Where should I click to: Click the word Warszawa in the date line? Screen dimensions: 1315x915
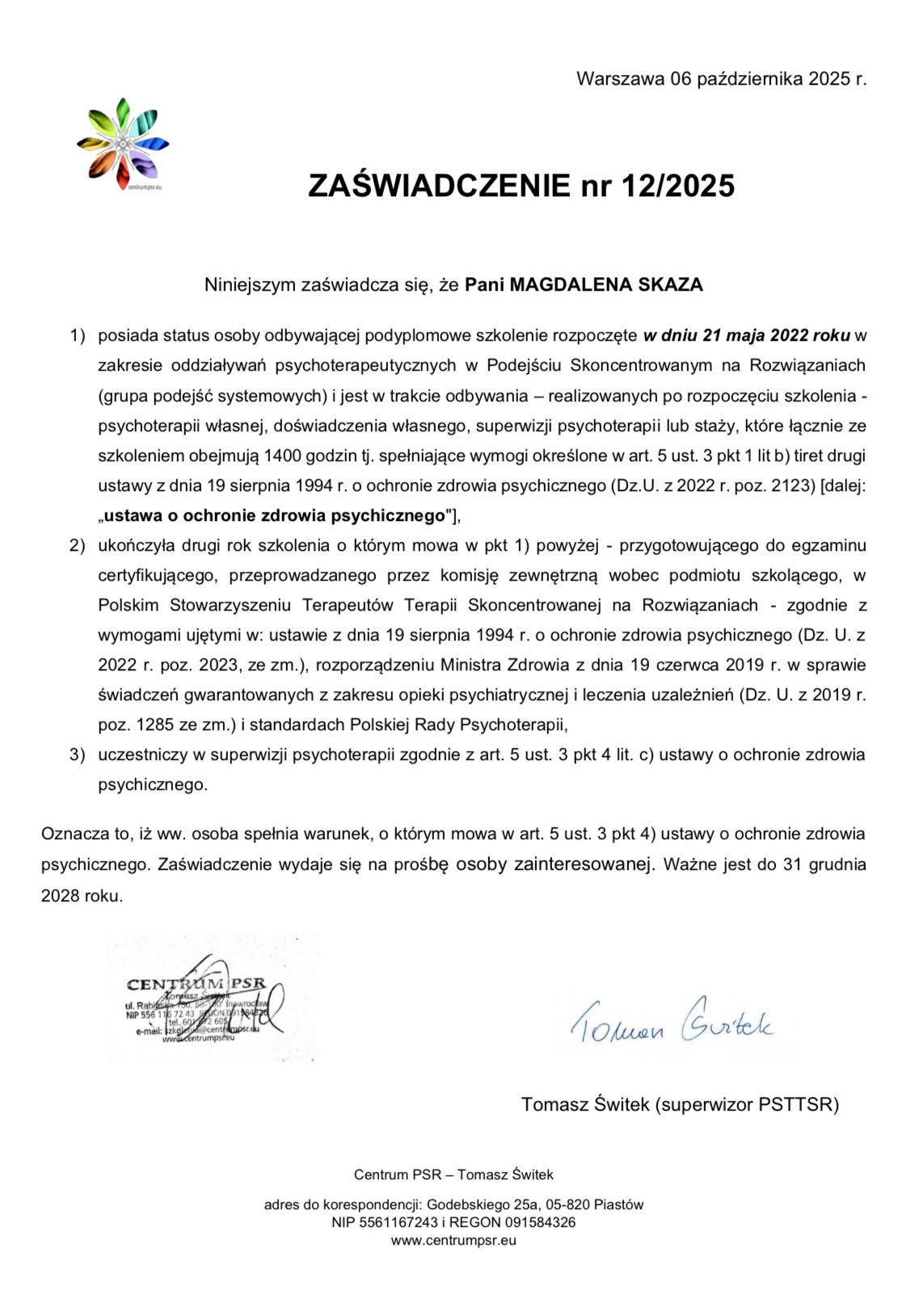(619, 79)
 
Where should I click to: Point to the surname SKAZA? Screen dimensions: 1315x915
(671, 285)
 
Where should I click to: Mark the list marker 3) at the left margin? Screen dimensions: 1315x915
(77, 754)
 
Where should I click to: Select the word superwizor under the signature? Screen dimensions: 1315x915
(705, 1104)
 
